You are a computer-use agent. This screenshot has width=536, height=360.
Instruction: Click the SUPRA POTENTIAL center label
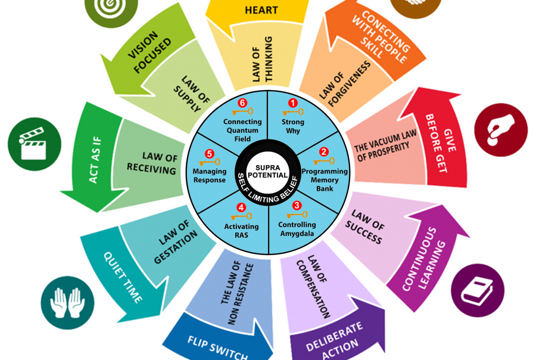point(268,171)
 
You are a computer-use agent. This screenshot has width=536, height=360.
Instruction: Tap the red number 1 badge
point(292,103)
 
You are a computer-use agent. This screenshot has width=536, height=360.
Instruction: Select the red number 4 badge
point(241,207)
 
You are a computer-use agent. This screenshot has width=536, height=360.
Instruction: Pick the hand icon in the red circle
point(500,130)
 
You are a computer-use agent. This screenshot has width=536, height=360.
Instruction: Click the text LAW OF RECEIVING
point(152,163)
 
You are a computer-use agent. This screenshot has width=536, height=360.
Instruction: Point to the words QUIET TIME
point(123,278)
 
